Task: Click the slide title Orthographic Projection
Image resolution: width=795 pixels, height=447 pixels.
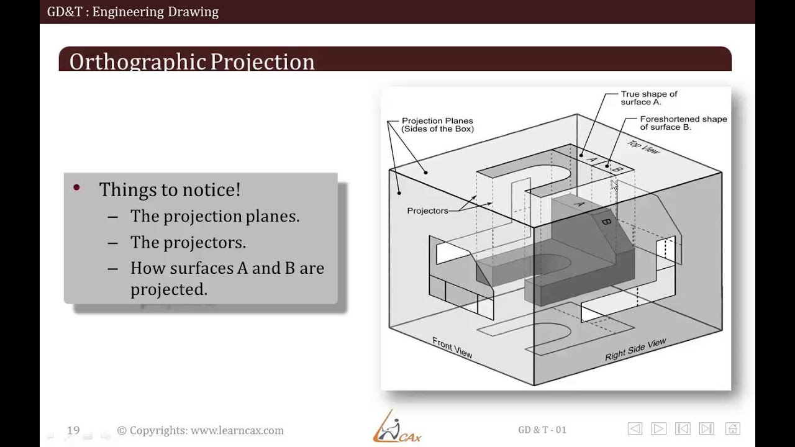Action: pos(192,61)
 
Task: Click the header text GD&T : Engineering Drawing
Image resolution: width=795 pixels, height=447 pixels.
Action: pos(133,11)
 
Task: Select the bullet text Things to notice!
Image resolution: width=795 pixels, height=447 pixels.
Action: pos(170,189)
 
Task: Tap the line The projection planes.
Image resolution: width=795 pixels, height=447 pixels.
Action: pos(215,216)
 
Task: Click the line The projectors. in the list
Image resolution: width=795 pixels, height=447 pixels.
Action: pos(188,242)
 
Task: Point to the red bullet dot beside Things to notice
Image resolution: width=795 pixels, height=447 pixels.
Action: pos(77,187)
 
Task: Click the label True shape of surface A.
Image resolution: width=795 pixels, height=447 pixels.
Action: pos(648,97)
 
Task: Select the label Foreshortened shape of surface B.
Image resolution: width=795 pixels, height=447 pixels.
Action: pos(683,122)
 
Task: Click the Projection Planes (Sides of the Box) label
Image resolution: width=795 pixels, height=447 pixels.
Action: pos(437,125)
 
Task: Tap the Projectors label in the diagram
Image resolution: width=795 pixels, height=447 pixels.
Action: pos(427,211)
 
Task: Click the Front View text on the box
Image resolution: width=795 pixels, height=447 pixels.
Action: pos(452,347)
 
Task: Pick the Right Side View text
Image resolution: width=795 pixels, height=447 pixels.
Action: pos(635,350)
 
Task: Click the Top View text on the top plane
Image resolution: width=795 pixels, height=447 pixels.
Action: pos(643,148)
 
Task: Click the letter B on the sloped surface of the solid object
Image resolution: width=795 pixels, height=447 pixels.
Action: pos(606,222)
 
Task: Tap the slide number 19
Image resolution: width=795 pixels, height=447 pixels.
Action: pos(73,430)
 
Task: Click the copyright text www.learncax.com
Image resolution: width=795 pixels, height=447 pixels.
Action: pos(201,430)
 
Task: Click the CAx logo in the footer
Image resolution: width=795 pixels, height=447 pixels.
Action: pos(397,428)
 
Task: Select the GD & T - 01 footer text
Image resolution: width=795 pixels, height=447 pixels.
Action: pos(542,430)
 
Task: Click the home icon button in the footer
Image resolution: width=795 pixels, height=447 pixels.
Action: pos(733,428)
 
